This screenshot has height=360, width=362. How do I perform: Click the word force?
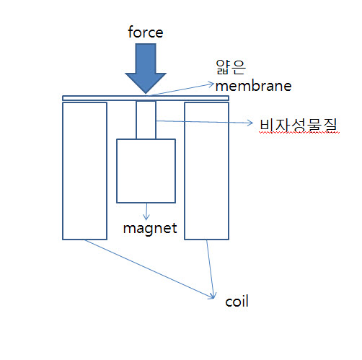146,32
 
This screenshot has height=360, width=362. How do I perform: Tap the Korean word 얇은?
231,67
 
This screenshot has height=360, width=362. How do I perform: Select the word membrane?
253,86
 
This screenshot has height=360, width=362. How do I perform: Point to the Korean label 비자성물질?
299,125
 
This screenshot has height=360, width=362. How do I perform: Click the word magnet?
150,229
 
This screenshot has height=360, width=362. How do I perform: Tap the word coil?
237,302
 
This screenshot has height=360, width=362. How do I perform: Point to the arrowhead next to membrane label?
211,84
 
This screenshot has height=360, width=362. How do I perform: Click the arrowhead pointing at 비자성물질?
250,123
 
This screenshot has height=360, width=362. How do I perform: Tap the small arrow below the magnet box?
146,211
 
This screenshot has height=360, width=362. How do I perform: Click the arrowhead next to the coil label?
213,297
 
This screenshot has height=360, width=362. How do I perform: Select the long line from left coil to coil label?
149,269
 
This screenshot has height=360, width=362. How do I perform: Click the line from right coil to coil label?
210,269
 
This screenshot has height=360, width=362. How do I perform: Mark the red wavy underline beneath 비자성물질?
299,133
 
